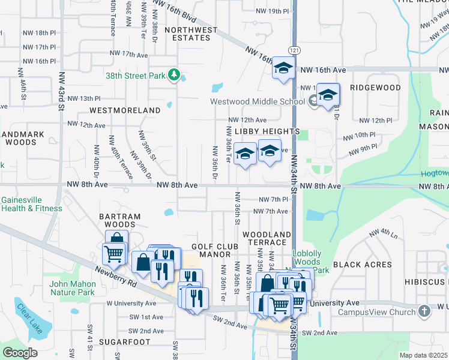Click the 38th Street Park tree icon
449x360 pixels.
coord(175,74)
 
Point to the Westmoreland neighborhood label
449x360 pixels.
coord(125,110)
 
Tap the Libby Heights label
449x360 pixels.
coord(267,131)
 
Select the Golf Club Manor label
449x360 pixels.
coord(215,250)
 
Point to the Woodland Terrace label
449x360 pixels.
coord(267,238)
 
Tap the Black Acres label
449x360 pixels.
coord(362,265)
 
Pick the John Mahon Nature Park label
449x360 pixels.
coord(73,288)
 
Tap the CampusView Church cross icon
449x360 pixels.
coord(424,311)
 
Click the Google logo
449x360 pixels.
coord(20,353)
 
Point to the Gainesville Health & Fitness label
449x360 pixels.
coord(31,204)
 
